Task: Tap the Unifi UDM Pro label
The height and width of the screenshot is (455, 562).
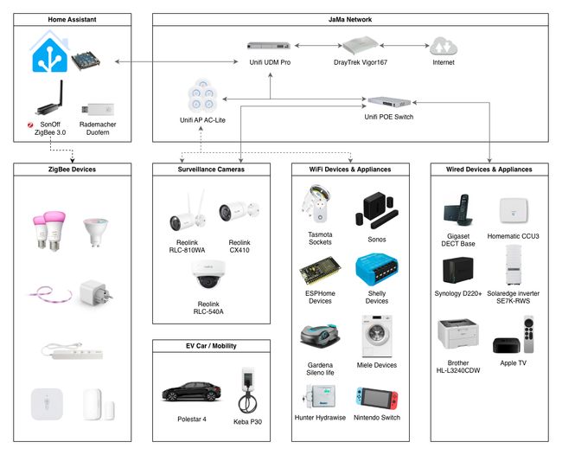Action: (x=270, y=62)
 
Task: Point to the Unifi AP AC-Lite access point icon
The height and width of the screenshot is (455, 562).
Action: (x=204, y=94)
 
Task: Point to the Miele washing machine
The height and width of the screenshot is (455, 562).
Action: (x=378, y=336)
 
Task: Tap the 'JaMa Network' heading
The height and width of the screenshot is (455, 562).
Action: (x=351, y=19)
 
